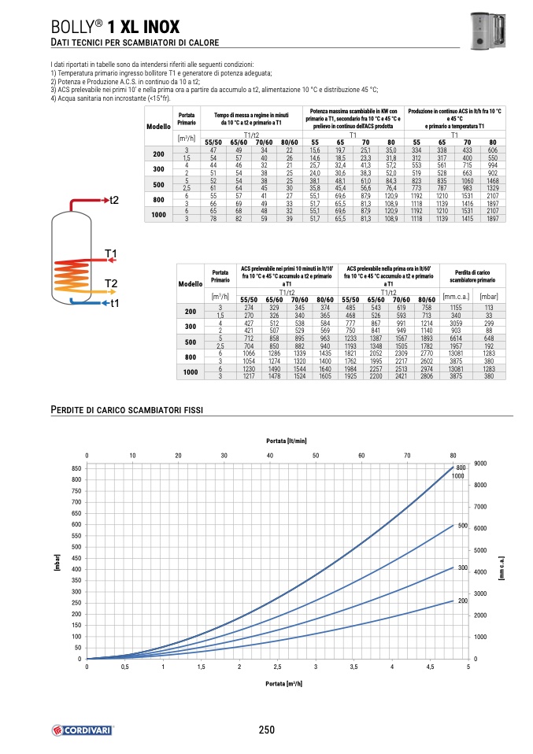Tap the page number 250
click(x=266, y=730)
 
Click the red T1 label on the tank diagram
click(x=111, y=254)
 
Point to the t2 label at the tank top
click(x=113, y=200)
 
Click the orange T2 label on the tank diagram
click(x=111, y=283)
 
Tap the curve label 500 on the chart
click(x=463, y=526)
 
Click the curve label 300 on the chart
click(x=463, y=567)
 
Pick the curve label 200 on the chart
click(x=463, y=601)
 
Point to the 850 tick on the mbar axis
click(x=76, y=468)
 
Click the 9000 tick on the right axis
click(x=481, y=464)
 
